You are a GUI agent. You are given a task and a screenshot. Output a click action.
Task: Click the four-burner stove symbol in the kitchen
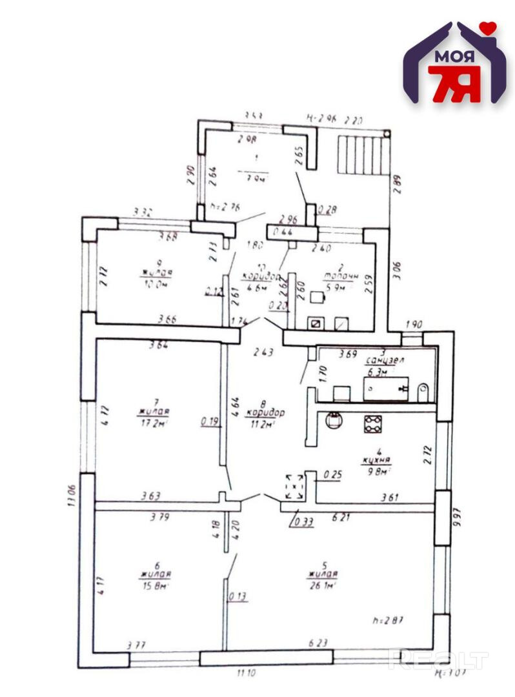point(372,423)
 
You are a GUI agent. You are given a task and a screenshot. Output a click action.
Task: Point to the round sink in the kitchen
point(334,420)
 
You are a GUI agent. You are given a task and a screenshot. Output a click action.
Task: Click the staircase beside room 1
point(363,154)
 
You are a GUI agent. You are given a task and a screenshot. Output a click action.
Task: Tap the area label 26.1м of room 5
point(323,586)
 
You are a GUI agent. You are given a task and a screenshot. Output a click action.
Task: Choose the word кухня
point(376,460)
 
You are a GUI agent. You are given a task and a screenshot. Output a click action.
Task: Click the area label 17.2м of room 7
point(154,423)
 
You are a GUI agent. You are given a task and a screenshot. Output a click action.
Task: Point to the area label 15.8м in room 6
point(154,587)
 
